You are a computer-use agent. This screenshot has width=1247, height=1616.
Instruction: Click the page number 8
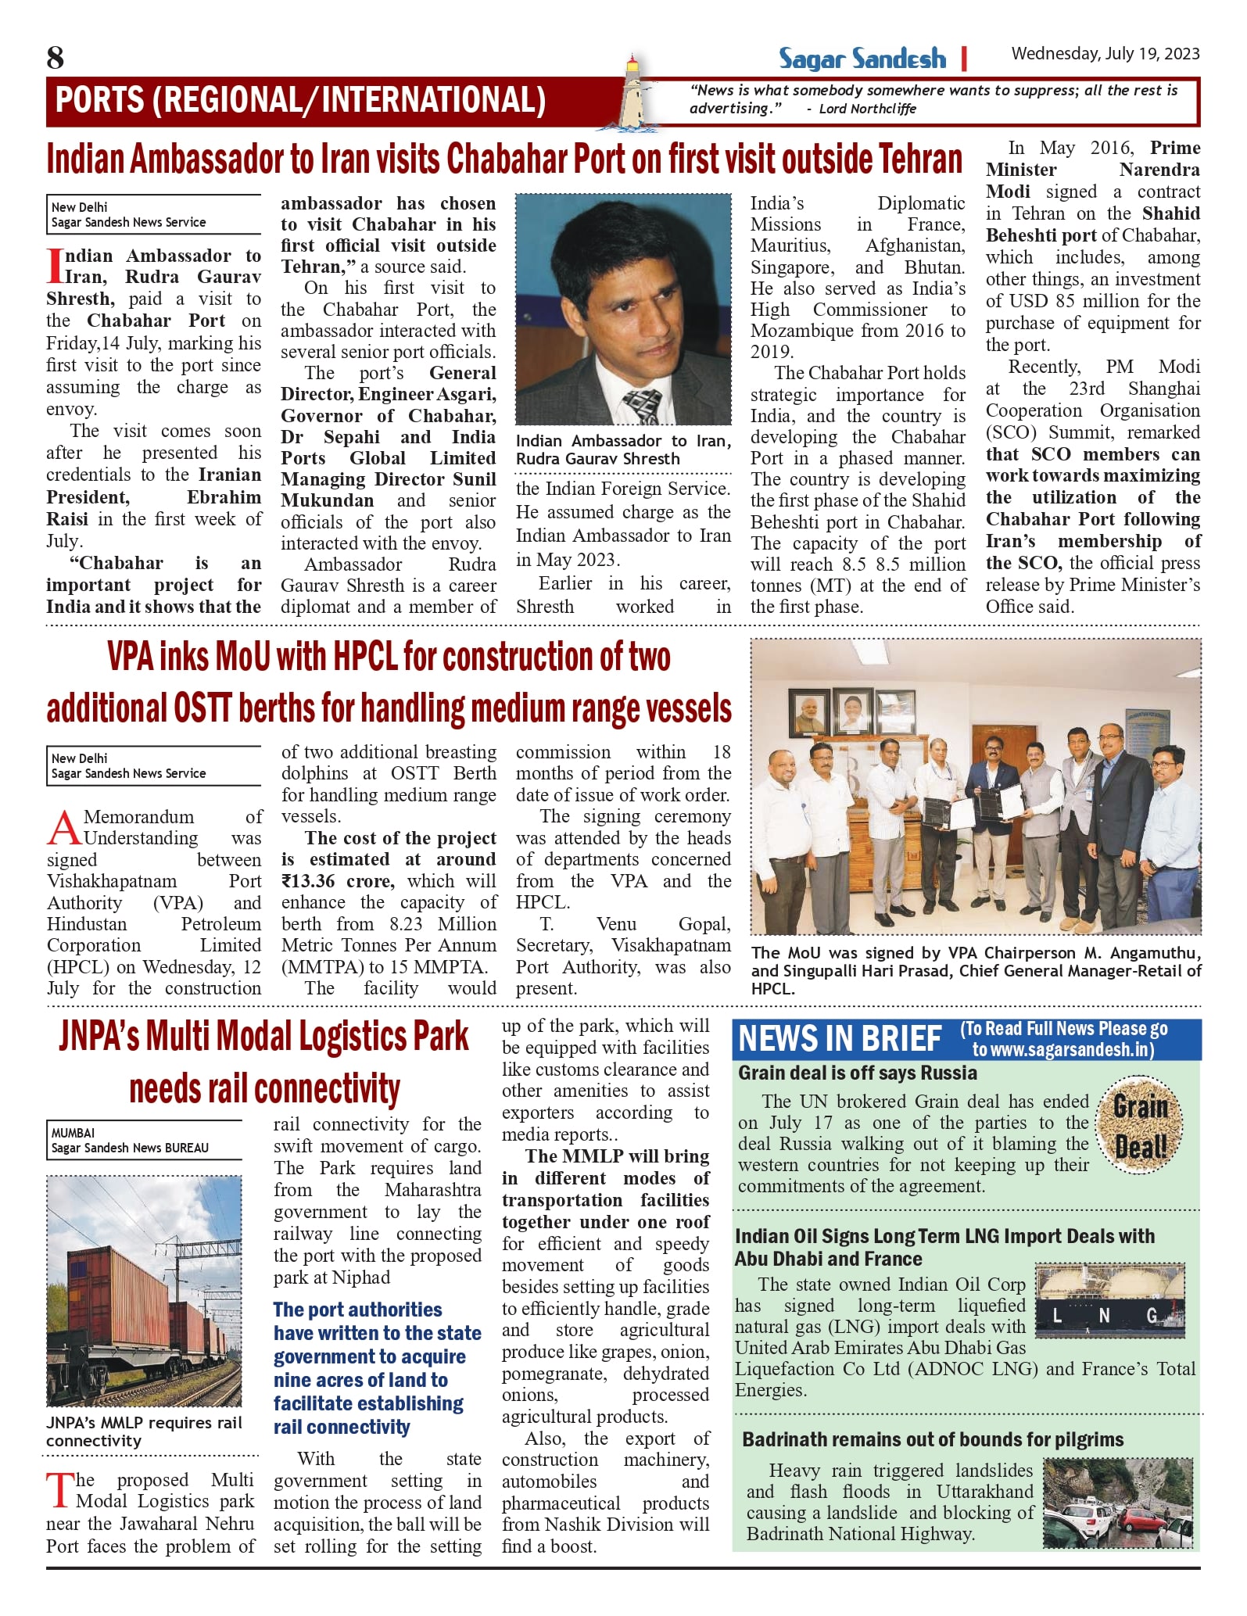(x=56, y=58)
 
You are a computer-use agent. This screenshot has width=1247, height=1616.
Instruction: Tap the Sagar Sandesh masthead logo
(x=862, y=59)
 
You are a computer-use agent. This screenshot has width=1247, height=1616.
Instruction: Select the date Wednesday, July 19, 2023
(x=1105, y=54)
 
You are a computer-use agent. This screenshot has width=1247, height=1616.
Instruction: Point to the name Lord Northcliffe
(x=867, y=109)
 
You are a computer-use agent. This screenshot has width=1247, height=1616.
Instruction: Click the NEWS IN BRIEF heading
(x=840, y=1039)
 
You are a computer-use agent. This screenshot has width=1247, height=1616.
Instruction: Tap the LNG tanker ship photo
(x=1110, y=1301)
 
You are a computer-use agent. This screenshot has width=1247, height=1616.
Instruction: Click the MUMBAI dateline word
(x=73, y=1133)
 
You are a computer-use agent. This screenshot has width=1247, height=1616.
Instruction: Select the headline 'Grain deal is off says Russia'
(x=857, y=1073)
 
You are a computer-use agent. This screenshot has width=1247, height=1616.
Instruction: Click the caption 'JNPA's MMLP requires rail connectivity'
(x=144, y=1431)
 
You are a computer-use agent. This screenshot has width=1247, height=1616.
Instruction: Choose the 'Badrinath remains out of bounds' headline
(x=932, y=1439)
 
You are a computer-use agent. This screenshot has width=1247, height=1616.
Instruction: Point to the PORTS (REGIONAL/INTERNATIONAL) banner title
(x=300, y=100)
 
